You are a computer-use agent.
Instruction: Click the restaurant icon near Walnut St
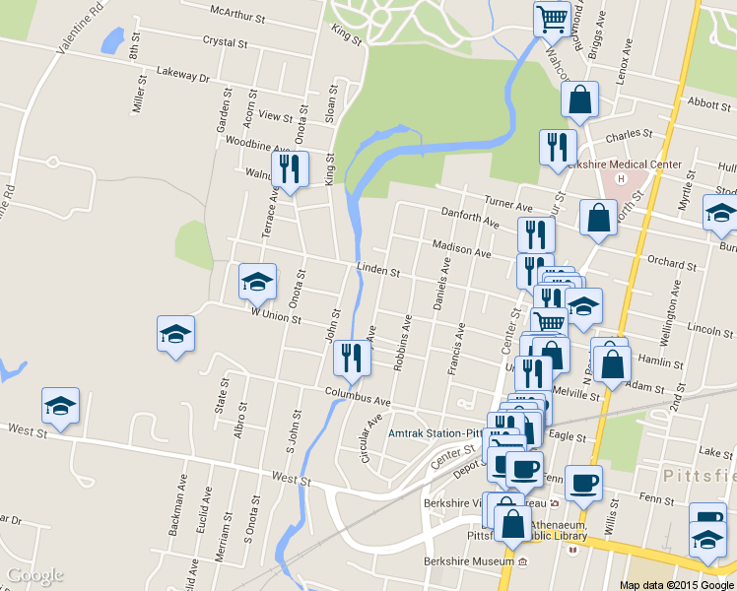[x=290, y=169]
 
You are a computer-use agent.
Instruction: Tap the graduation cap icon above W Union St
[x=257, y=283]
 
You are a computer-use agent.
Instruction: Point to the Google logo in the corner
[x=34, y=575]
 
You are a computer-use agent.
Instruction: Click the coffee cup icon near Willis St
[x=583, y=484]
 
